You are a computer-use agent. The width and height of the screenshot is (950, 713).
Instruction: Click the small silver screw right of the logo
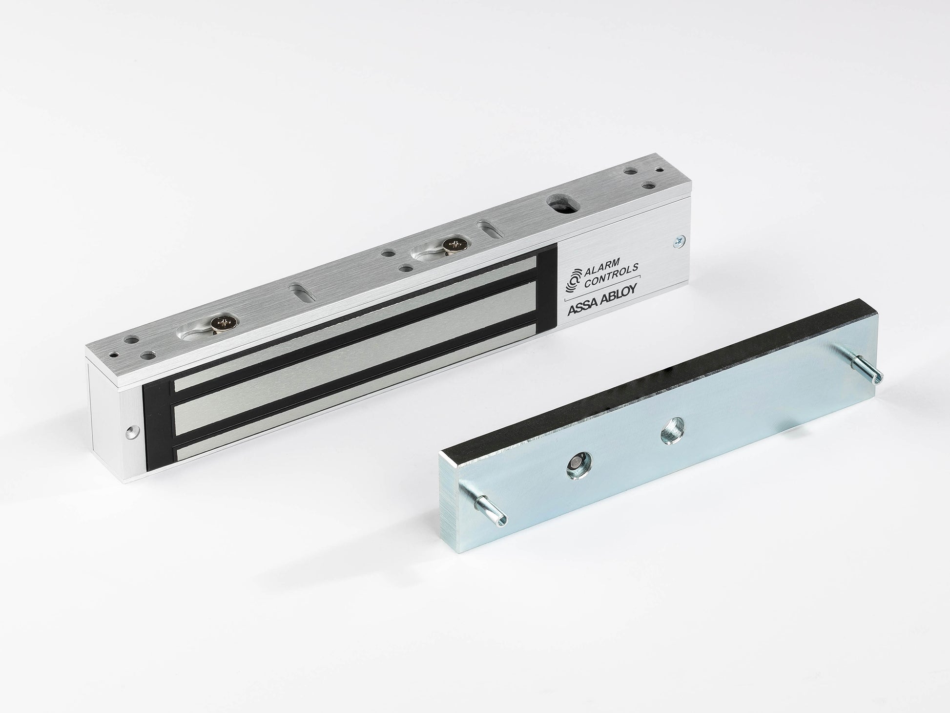pos(679,241)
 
